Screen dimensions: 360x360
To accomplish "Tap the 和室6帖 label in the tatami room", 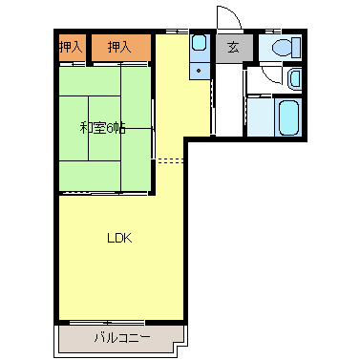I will [x=102, y=127].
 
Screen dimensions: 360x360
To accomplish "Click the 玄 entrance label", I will [x=232, y=48].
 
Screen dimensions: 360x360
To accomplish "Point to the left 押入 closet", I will [x=71, y=46].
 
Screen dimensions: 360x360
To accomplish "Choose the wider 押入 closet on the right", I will [x=120, y=46].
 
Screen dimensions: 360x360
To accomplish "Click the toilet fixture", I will [x=286, y=48].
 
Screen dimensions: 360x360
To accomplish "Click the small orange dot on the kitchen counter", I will [x=199, y=69].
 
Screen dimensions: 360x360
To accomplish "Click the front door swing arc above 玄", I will [x=227, y=16].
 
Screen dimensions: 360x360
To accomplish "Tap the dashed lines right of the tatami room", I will [x=169, y=160].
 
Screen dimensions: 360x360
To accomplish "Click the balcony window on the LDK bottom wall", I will [x=105, y=321].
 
